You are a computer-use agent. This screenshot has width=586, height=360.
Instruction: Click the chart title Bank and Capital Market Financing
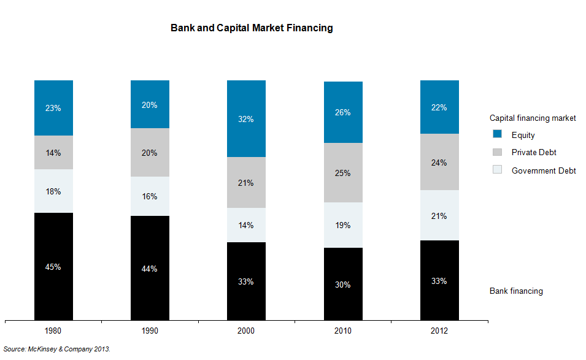click(x=252, y=28)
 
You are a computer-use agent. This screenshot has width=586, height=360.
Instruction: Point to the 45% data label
click(x=53, y=267)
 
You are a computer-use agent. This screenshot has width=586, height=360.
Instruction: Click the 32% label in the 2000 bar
click(x=246, y=120)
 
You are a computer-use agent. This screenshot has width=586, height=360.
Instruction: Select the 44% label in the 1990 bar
click(x=150, y=269)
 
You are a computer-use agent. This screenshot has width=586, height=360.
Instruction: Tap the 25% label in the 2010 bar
click(x=343, y=173)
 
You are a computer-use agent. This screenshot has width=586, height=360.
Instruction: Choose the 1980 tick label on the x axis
click(x=53, y=331)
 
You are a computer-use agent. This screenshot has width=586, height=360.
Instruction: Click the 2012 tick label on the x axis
click(x=439, y=331)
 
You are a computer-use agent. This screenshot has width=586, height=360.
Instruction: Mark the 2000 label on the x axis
click(x=246, y=331)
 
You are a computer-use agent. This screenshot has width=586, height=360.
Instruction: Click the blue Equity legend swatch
click(x=498, y=134)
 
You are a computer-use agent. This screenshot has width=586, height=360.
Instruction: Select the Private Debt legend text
click(x=534, y=152)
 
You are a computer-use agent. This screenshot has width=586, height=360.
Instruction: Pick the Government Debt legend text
click(x=544, y=170)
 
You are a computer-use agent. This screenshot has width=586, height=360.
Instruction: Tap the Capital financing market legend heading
click(x=533, y=118)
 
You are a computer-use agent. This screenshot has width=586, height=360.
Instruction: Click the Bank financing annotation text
click(x=516, y=291)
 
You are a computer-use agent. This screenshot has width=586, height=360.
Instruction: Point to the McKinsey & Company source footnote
click(x=57, y=349)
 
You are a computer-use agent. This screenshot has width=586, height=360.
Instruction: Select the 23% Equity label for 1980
click(x=53, y=108)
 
